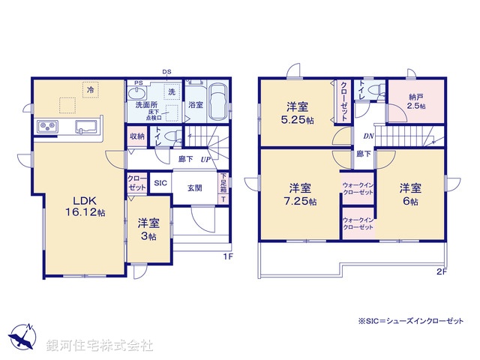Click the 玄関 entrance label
pyautogui.click(x=194, y=188)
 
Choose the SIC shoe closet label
pyautogui.click(x=160, y=182)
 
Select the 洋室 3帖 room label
pyautogui.click(x=147, y=229)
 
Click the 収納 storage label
pyautogui.click(x=136, y=136)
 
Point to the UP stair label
pyautogui.click(x=205, y=159)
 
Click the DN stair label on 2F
pyautogui.click(x=369, y=136)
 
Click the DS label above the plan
pyautogui.click(x=166, y=72)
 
